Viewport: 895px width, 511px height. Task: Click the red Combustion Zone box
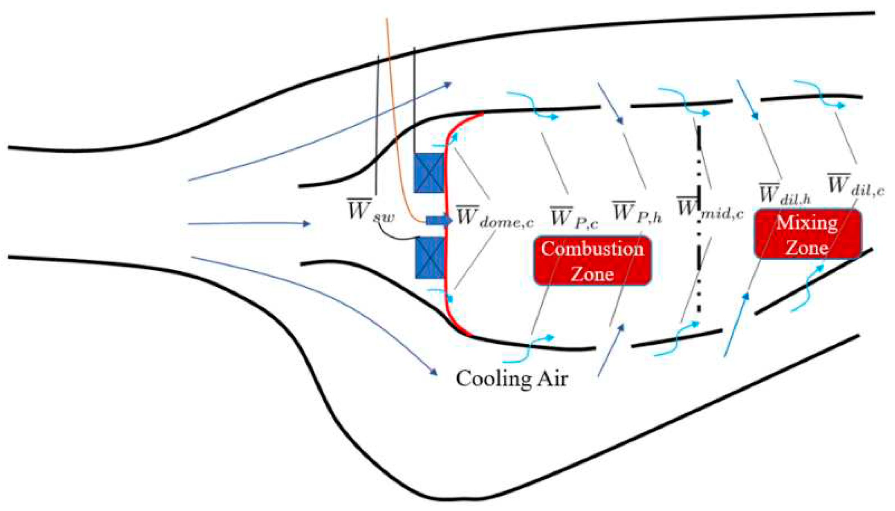[592, 261]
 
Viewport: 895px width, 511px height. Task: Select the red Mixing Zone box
[807, 234]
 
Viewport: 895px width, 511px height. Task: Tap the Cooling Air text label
[511, 378]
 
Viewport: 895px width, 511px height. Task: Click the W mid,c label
[710, 209]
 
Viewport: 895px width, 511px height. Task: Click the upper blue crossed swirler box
[428, 173]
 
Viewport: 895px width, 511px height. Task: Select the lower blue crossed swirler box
[429, 258]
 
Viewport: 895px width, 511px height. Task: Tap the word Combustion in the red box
[592, 249]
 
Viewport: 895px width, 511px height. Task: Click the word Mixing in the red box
[807, 223]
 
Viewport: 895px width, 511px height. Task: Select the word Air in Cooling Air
[552, 378]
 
